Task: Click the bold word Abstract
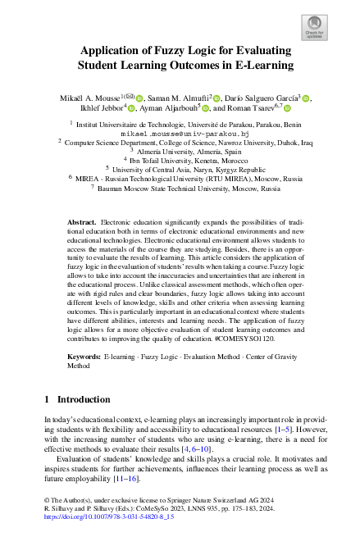click(81, 222)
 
